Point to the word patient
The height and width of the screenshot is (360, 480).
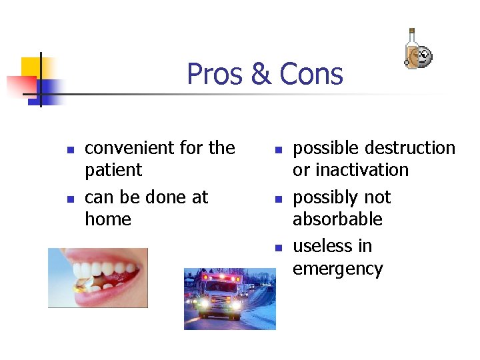coord(113,170)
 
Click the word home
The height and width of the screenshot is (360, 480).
coord(108,219)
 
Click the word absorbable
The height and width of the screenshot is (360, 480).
coord(337,219)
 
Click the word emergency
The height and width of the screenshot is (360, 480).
coord(337,269)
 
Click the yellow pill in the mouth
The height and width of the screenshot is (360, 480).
coord(85,286)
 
